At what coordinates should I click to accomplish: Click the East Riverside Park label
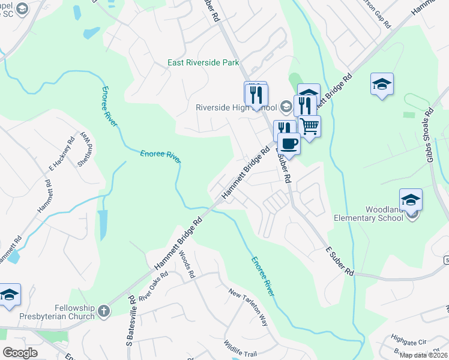203,62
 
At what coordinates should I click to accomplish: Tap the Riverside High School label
236,108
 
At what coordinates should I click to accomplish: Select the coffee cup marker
289,144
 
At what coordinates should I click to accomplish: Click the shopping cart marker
310,127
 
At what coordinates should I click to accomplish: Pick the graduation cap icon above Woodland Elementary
411,200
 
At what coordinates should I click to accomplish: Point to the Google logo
20,353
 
